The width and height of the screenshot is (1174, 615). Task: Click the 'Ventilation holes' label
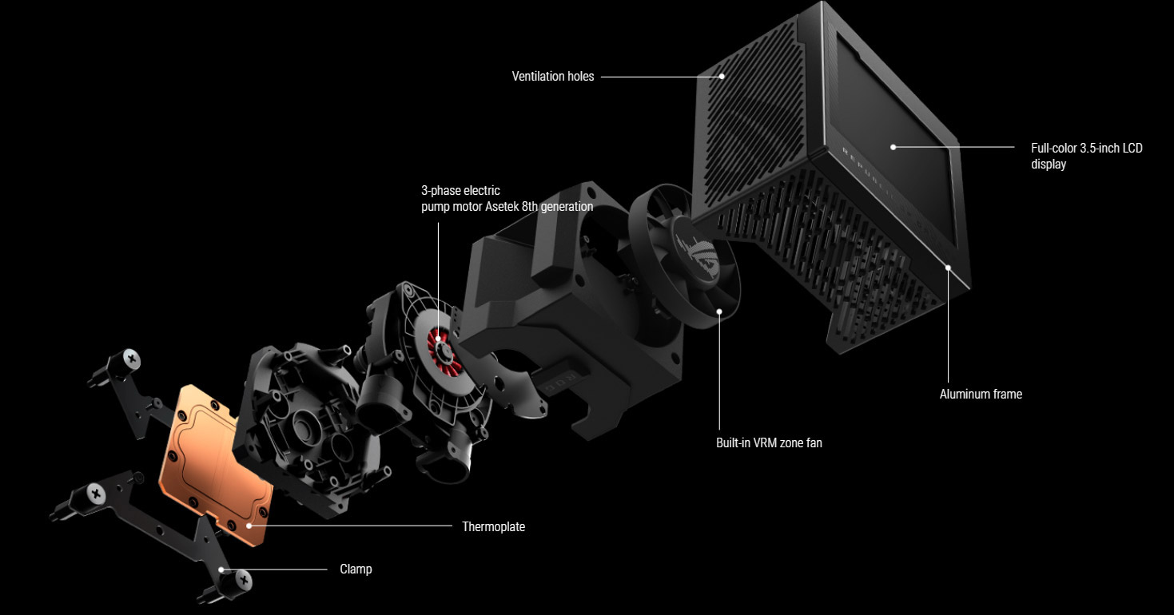tap(552, 77)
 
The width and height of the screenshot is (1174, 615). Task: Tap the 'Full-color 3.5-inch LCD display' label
tap(1086, 156)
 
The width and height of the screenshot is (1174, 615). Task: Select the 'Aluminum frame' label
tap(981, 394)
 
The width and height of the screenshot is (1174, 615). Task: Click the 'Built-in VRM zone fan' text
tap(769, 442)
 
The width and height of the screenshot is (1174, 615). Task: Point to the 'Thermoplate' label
tap(493, 526)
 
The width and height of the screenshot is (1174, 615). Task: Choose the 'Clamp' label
tap(356, 569)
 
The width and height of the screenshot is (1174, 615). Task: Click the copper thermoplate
tap(214, 463)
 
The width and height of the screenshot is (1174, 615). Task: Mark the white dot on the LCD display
tap(893, 147)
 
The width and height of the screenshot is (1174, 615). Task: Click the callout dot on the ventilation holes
tap(722, 77)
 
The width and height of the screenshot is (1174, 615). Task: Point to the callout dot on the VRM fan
tap(719, 311)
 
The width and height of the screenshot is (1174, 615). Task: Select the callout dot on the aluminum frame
tap(948, 268)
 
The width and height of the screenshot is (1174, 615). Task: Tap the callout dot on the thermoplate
tap(249, 526)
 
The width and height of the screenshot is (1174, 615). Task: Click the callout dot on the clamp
tap(221, 569)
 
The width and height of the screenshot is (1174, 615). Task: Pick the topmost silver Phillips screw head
tap(132, 359)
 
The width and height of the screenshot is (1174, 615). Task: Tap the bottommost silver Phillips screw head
tap(243, 580)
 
